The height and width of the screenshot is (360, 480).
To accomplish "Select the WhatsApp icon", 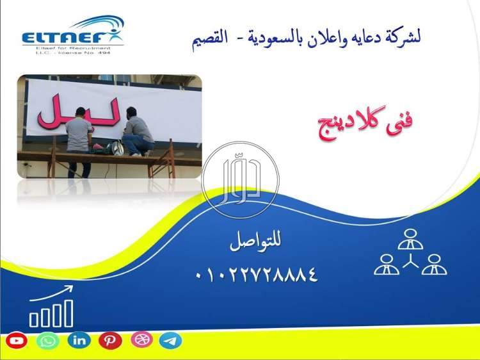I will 48,341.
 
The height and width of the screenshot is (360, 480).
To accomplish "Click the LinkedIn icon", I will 79,341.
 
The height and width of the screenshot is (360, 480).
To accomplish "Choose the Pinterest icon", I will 110,341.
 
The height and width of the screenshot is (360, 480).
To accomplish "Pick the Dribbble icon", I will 141,340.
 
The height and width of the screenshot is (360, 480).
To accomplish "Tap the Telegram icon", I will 171,341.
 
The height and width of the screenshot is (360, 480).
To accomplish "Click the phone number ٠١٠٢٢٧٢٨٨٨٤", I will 257,275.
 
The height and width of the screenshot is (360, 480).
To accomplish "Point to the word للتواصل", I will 255,243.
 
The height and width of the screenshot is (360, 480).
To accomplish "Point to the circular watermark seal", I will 240,179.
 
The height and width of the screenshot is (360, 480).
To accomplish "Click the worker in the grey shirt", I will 80,138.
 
